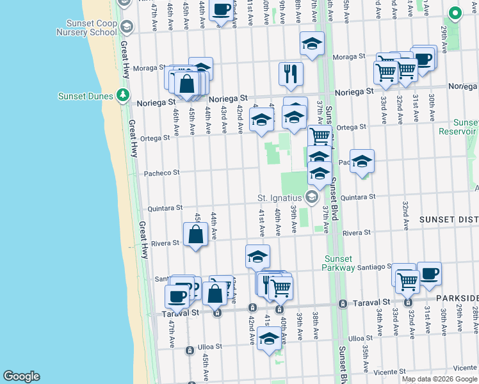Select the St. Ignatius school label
(x=282, y=197)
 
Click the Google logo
(x=21, y=376)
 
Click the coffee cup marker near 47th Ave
(x=177, y=296)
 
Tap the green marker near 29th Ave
(x=455, y=12)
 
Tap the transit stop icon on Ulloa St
(x=189, y=351)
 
